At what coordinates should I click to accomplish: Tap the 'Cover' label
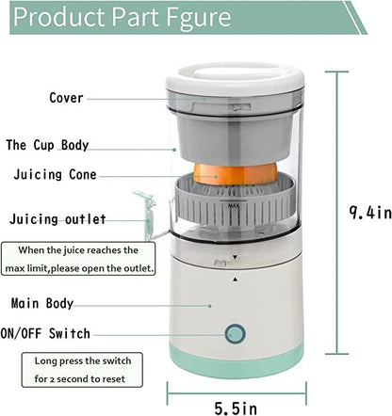tap(66, 98)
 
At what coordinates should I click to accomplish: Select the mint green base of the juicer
tap(236, 359)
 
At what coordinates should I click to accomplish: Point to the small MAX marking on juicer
tap(233, 200)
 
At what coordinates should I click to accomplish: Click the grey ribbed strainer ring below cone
tap(235, 212)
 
